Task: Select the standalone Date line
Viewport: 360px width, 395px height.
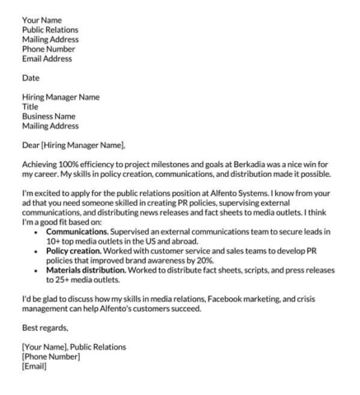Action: [x=31, y=78]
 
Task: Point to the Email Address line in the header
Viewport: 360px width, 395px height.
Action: [x=47, y=58]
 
